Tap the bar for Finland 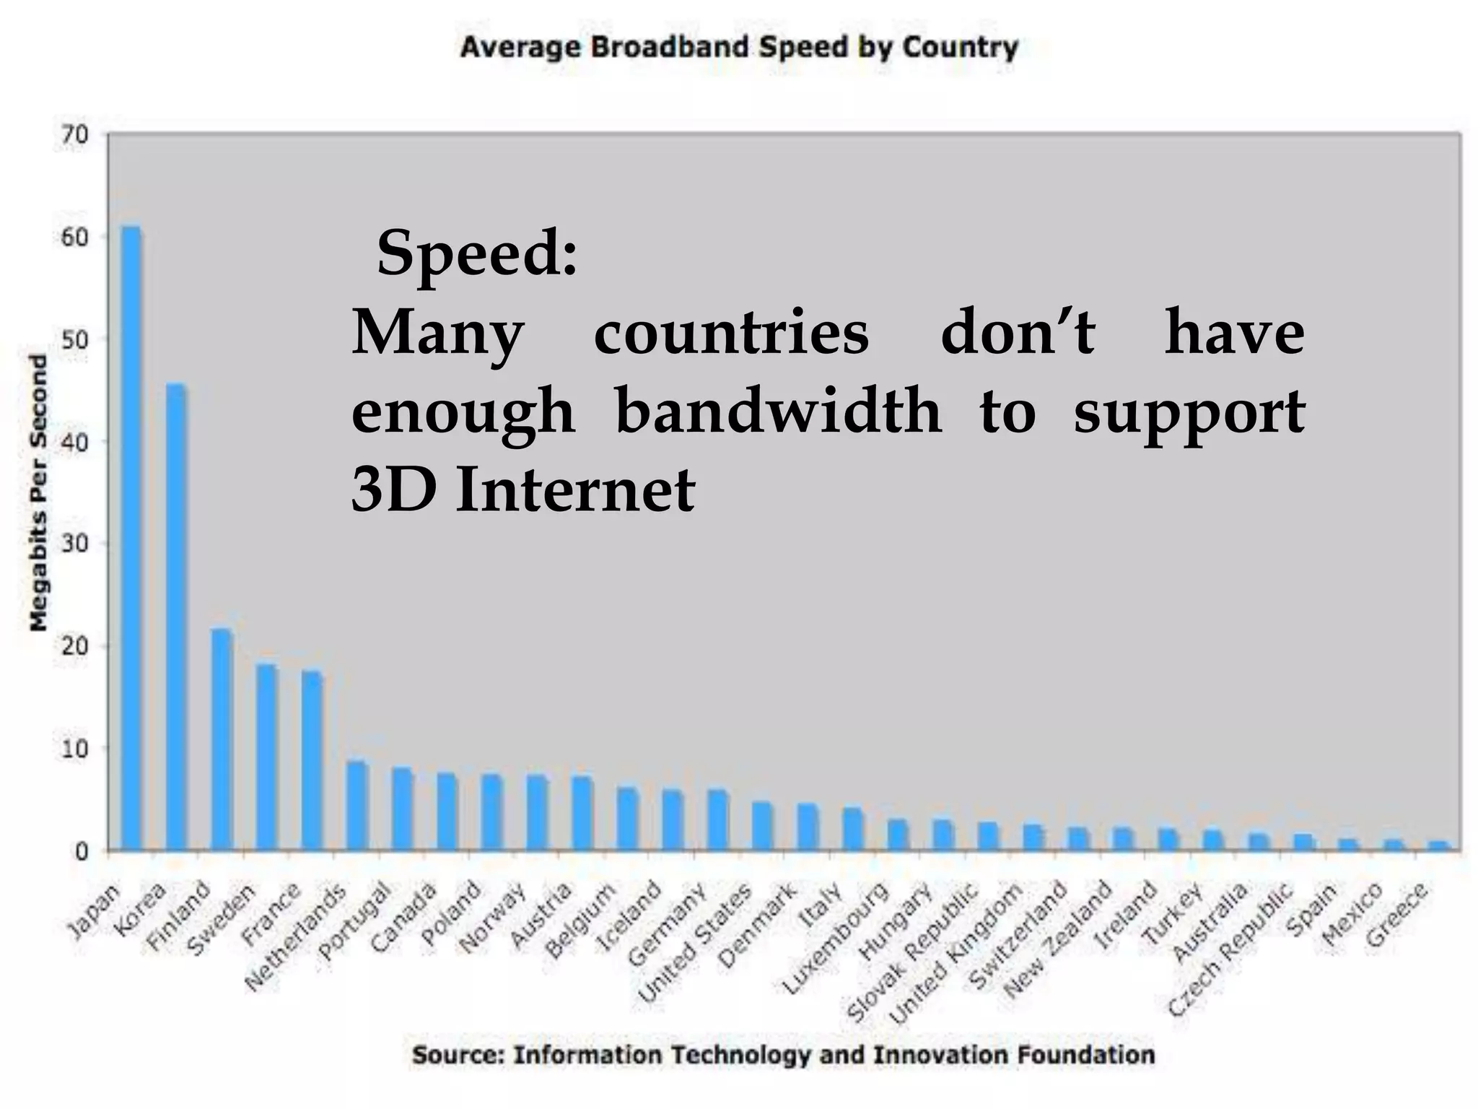click(222, 739)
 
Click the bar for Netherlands click(357, 806)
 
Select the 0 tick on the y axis click(80, 851)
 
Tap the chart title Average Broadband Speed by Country click(739, 48)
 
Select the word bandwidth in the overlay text click(778, 411)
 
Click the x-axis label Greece click(1396, 915)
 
